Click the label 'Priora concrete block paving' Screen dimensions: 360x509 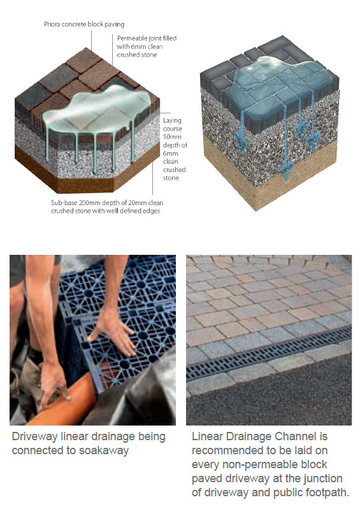pyautogui.click(x=84, y=24)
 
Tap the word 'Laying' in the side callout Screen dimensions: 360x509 pyautogui.click(x=172, y=121)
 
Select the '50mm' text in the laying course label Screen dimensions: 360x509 pyautogui.click(x=172, y=137)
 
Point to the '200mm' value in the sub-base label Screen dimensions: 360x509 pyautogui.click(x=90, y=203)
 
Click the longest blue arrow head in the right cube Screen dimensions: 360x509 pyautogui.click(x=286, y=171)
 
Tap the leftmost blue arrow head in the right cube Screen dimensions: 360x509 pyautogui.click(x=241, y=143)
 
